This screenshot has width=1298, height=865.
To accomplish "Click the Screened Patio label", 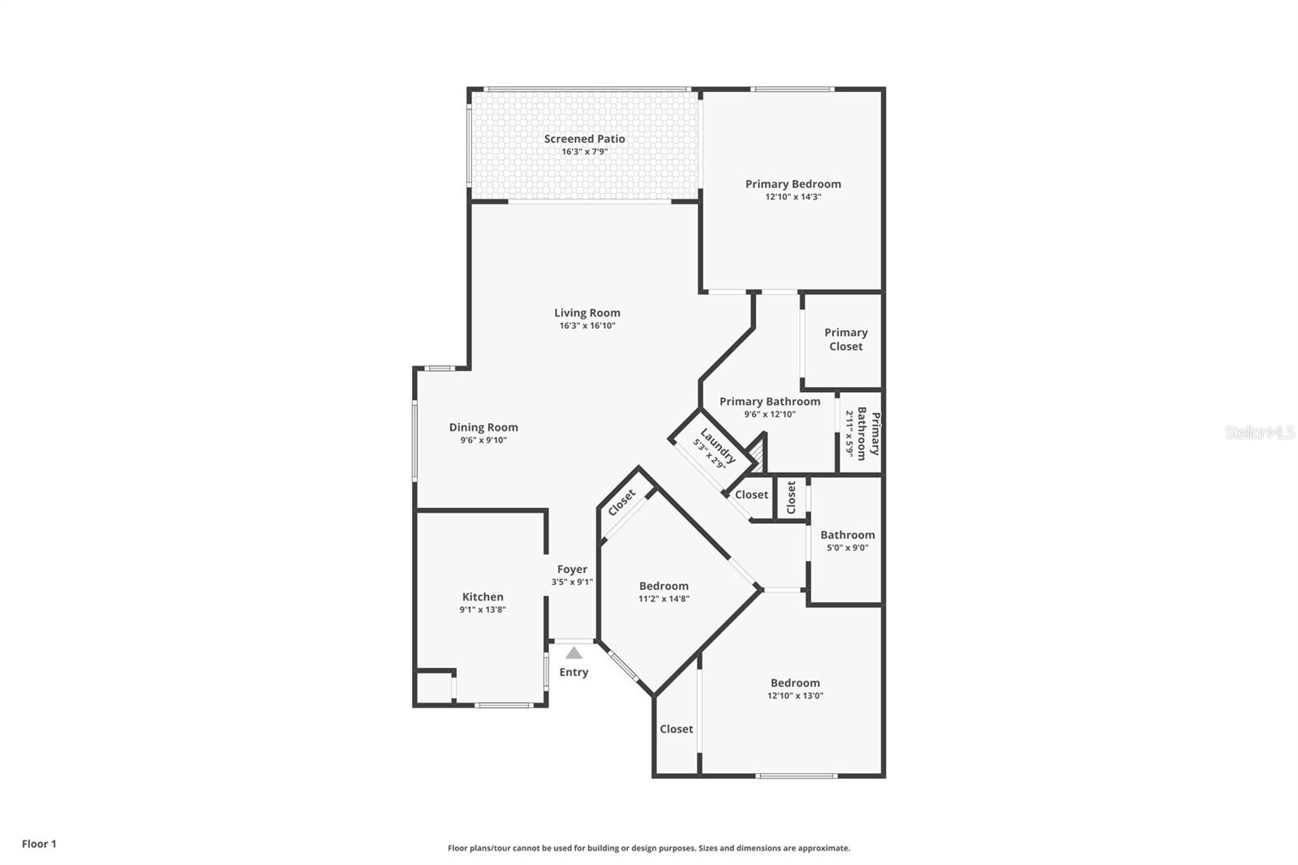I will [584, 139].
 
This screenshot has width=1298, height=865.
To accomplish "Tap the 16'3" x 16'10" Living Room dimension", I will [587, 326].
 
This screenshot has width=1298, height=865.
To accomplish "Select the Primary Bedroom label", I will [793, 184].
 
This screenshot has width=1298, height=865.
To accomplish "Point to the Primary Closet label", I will [845, 339].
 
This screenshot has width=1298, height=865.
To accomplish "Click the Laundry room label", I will [718, 445].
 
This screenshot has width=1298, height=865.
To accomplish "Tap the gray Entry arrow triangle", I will [574, 652].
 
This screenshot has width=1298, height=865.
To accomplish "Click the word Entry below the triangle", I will [574, 672].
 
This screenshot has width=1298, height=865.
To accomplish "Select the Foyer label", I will [572, 569].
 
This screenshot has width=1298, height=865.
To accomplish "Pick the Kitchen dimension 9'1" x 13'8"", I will [483, 610].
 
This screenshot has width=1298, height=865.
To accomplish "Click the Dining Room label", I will [484, 427].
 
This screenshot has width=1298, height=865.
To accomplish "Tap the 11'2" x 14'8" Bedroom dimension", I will [664, 599].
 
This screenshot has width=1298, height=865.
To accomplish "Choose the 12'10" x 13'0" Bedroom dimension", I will [795, 695].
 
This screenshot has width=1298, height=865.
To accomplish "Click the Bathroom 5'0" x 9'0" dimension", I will [847, 548].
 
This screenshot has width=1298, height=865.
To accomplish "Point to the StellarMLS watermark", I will [1259, 432].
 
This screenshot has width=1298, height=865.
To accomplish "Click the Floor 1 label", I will [39, 844].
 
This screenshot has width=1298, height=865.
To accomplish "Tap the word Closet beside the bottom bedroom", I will [676, 729].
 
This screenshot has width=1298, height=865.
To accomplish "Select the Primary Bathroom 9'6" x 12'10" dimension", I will [769, 415].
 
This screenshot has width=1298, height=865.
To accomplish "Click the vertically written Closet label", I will [791, 497].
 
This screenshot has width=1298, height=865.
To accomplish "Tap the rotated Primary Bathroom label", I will [869, 434].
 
